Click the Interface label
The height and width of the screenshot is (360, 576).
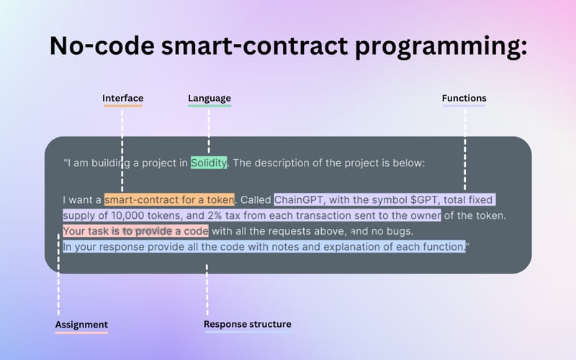tap(122, 98)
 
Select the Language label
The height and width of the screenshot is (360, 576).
tap(210, 98)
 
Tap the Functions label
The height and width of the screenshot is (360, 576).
tap(464, 98)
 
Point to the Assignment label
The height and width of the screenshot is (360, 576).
tap(81, 325)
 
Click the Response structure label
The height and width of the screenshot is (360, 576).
tap(247, 325)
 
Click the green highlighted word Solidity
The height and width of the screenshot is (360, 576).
tap(209, 163)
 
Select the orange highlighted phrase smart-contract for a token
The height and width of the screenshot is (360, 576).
tap(170, 199)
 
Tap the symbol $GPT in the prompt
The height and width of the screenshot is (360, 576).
tap(426, 199)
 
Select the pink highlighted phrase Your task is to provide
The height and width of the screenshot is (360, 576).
tap(117, 231)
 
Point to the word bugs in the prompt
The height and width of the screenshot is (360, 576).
tap(398, 231)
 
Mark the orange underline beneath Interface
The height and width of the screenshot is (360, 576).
tap(122, 107)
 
